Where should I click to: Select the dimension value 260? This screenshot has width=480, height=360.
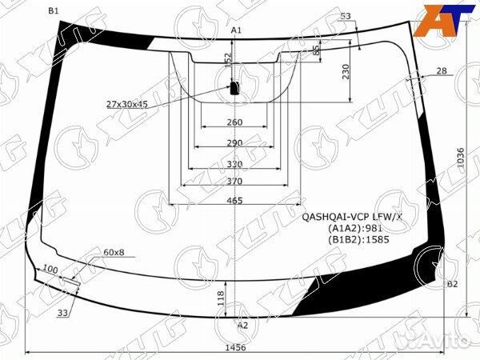tap(234, 122)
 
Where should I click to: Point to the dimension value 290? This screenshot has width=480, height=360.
tap(234, 142)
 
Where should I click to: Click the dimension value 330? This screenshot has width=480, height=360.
tap(234, 163)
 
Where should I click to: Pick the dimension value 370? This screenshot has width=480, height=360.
tap(234, 182)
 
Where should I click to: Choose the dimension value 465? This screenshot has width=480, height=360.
tap(234, 201)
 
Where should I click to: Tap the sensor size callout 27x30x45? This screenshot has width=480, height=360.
tap(127, 104)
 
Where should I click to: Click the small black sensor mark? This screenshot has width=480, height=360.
tap(235, 87)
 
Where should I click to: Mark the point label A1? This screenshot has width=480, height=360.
tap(236, 30)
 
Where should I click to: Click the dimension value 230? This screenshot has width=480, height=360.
tap(346, 73)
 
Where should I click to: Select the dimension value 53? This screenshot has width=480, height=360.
tap(346, 16)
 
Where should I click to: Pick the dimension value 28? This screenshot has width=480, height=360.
tap(442, 71)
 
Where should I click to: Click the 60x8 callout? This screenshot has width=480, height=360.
tap(114, 253)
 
